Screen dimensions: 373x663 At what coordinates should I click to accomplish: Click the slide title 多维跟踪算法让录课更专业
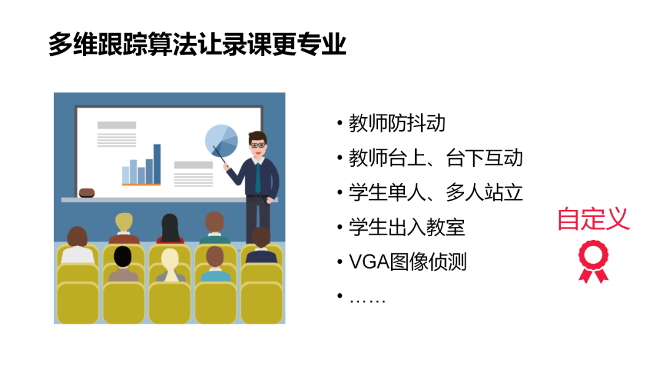(198, 45)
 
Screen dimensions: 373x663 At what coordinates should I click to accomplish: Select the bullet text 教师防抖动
(397, 123)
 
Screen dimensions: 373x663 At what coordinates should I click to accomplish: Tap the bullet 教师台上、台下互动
(435, 158)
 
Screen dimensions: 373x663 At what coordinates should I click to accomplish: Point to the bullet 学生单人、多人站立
(435, 193)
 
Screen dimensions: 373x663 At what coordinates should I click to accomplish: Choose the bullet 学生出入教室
(406, 228)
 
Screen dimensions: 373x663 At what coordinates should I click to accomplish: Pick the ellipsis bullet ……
(367, 299)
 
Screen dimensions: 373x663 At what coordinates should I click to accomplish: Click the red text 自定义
(593, 219)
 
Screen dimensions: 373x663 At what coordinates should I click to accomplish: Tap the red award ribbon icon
(594, 261)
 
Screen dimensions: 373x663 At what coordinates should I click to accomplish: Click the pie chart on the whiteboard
(221, 140)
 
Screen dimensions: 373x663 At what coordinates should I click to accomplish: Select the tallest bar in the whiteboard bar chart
(157, 164)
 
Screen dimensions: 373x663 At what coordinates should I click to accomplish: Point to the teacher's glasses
(258, 145)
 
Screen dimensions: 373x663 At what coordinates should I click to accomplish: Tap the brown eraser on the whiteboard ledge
(87, 193)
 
